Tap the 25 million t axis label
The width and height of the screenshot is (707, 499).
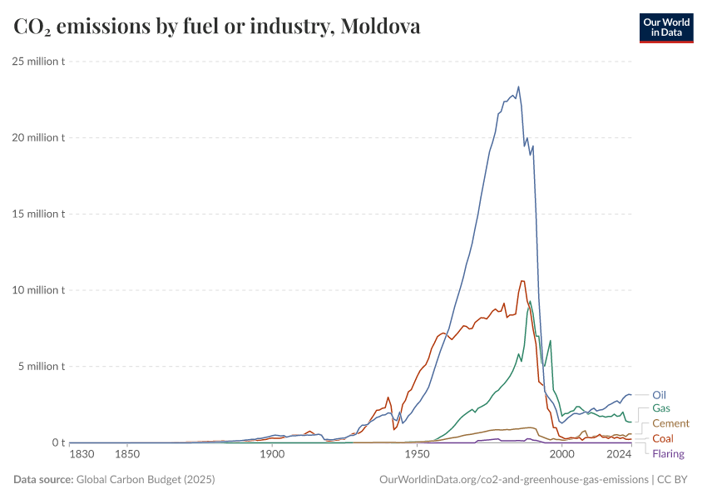coord(39,62)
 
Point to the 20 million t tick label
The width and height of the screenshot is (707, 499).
coord(39,138)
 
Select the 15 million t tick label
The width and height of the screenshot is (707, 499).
coord(39,214)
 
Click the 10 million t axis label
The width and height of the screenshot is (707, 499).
coord(39,290)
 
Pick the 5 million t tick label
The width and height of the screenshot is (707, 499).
coord(42,367)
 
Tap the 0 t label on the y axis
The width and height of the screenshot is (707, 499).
coord(57,442)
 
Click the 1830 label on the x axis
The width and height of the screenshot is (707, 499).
coord(82,455)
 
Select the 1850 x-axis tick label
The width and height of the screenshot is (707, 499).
coord(126,455)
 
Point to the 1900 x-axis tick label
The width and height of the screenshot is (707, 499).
coord(272,455)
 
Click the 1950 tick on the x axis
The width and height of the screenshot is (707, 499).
coord(417,455)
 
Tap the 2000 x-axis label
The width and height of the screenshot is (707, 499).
coord(562,455)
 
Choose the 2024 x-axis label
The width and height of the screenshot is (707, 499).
coord(619,455)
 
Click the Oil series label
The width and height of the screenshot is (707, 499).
coord(659,395)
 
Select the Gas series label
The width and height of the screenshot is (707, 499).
coord(661,408)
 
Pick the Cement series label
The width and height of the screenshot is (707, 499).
coord(670,423)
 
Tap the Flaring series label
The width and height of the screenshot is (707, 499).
coord(669,453)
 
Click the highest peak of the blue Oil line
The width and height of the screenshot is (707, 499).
coord(518,86)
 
